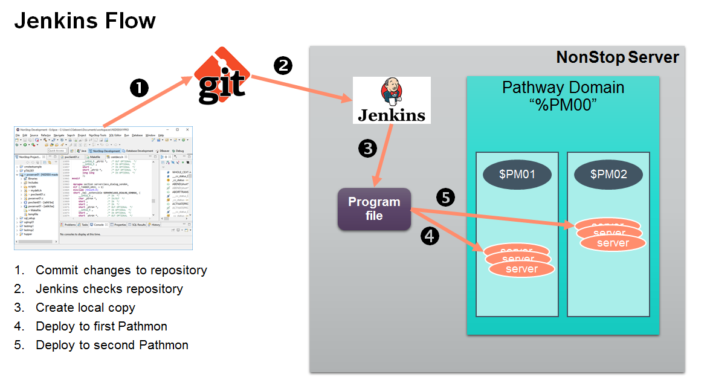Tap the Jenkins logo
(392, 100)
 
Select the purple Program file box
(374, 209)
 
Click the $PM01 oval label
(517, 175)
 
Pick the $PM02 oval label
(608, 175)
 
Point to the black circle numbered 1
(140, 89)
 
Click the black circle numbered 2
(283, 65)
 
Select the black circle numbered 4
(429, 236)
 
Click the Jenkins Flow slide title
(85, 21)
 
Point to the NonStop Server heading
(617, 58)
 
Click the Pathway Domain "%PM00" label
(563, 96)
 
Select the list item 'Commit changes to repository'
(121, 270)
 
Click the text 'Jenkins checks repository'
(109, 289)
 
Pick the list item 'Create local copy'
(85, 308)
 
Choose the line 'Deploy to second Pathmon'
(112, 345)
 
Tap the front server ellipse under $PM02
(613, 243)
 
